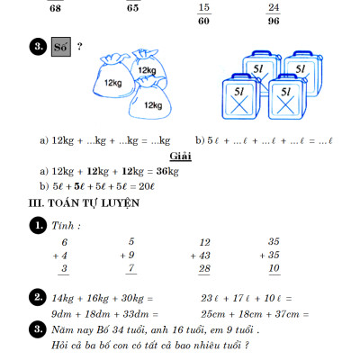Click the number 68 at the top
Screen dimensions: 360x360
click(x=56, y=8)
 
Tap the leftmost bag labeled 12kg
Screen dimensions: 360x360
click(x=112, y=82)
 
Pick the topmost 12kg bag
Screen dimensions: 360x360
click(x=147, y=67)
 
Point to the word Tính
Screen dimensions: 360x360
click(x=65, y=225)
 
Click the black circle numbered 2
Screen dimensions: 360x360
click(x=38, y=297)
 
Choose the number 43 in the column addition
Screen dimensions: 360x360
click(x=203, y=256)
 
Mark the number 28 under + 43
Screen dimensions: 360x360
click(x=204, y=269)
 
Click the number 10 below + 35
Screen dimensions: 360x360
click(x=274, y=269)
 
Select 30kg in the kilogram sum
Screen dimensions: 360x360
click(x=132, y=298)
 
